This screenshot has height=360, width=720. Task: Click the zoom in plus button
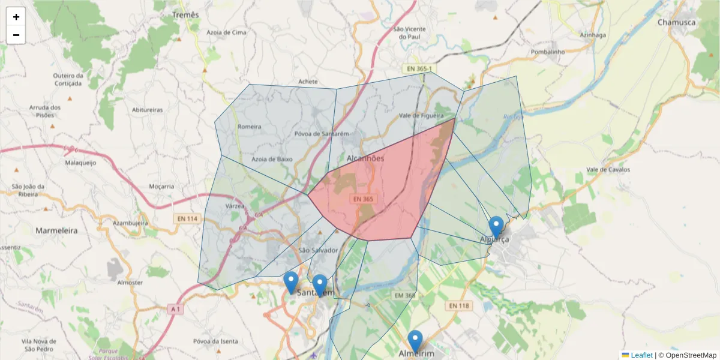click(16, 17)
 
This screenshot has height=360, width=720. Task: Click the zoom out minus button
click(16, 35)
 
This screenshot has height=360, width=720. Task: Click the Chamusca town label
click(676, 22)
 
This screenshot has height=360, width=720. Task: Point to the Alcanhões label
click(365, 158)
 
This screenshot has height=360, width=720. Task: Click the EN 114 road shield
click(187, 219)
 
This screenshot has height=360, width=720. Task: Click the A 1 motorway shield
click(175, 309)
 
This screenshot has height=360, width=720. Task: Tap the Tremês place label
click(185, 14)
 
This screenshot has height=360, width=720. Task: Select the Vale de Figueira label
click(421, 115)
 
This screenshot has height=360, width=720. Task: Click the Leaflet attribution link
click(641, 355)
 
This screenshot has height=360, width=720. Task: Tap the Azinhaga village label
click(593, 35)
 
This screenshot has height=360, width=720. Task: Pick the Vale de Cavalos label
click(608, 170)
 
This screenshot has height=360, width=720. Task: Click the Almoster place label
click(130, 282)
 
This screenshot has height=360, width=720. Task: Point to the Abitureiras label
click(147, 110)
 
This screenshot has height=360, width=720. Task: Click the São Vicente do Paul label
click(409, 32)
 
